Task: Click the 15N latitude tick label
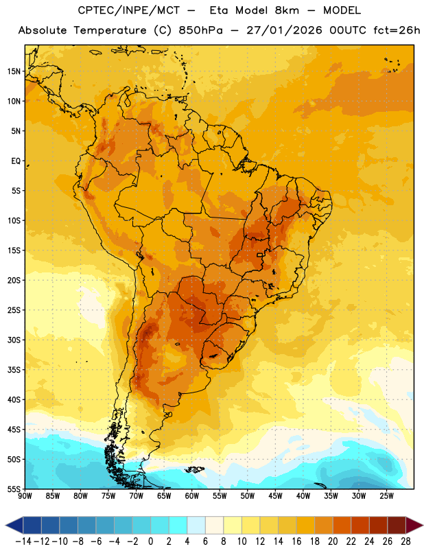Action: click(14, 71)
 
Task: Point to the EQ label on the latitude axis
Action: click(16, 161)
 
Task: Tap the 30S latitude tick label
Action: click(14, 340)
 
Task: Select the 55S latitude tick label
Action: click(14, 489)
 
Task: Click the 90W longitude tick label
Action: click(25, 496)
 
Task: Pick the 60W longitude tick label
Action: click(192, 496)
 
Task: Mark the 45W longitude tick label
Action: click(276, 496)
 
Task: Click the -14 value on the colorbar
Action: click(23, 541)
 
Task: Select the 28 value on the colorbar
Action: click(405, 541)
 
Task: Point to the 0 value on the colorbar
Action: click(150, 541)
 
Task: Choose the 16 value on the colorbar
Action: click(296, 541)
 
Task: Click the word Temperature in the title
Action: click(110, 31)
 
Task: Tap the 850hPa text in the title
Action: click(200, 30)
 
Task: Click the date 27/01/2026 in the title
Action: click(284, 30)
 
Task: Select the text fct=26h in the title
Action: click(397, 30)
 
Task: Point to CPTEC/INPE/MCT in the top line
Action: click(128, 10)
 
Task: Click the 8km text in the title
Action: click(287, 10)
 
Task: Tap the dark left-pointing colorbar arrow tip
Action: click(5, 526)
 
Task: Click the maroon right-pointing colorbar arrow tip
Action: click(423, 526)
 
